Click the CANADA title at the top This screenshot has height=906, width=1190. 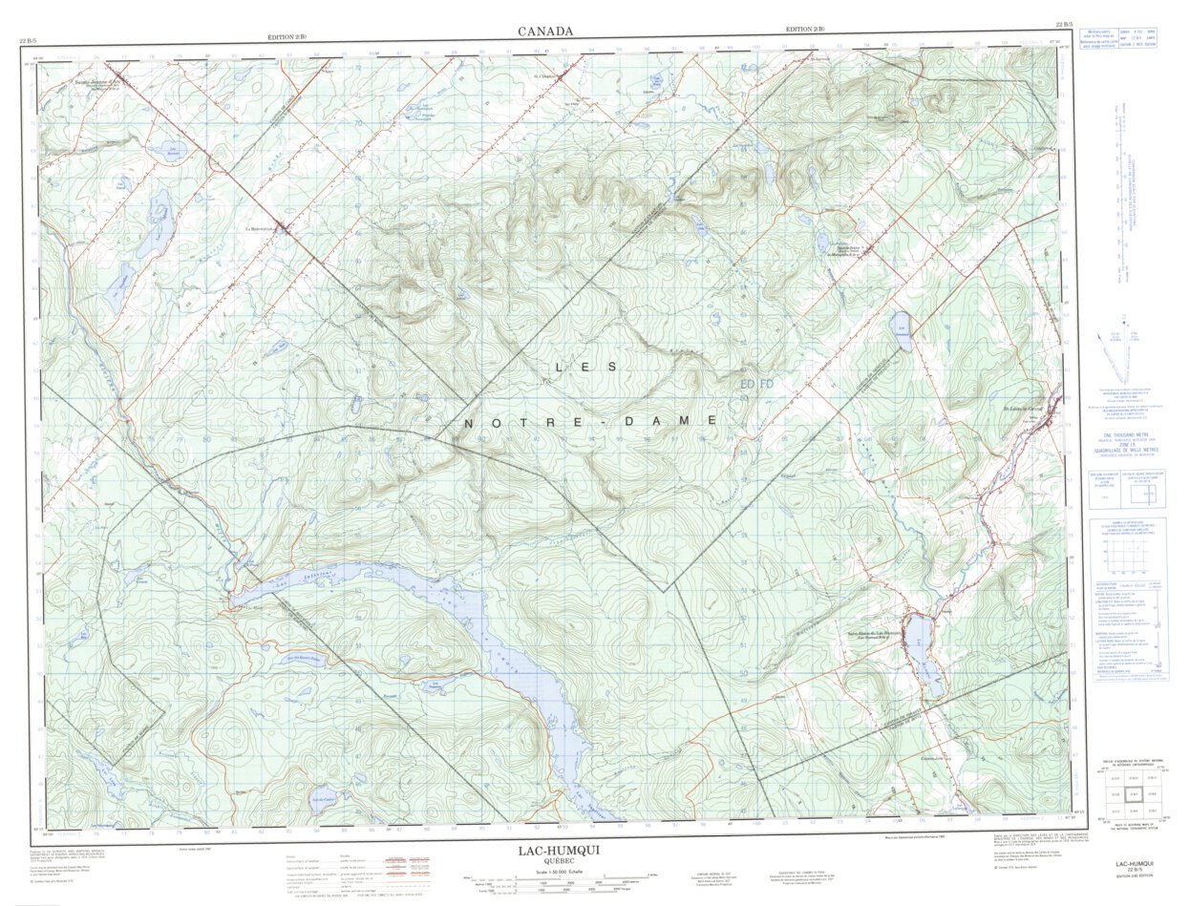click(x=545, y=32)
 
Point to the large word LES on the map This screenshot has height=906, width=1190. click(x=586, y=367)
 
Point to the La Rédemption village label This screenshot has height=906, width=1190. click(x=259, y=228)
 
